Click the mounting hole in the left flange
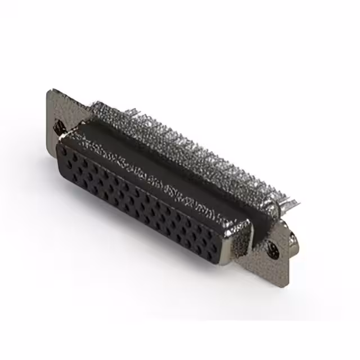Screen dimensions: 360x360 pyautogui.click(x=58, y=129)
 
